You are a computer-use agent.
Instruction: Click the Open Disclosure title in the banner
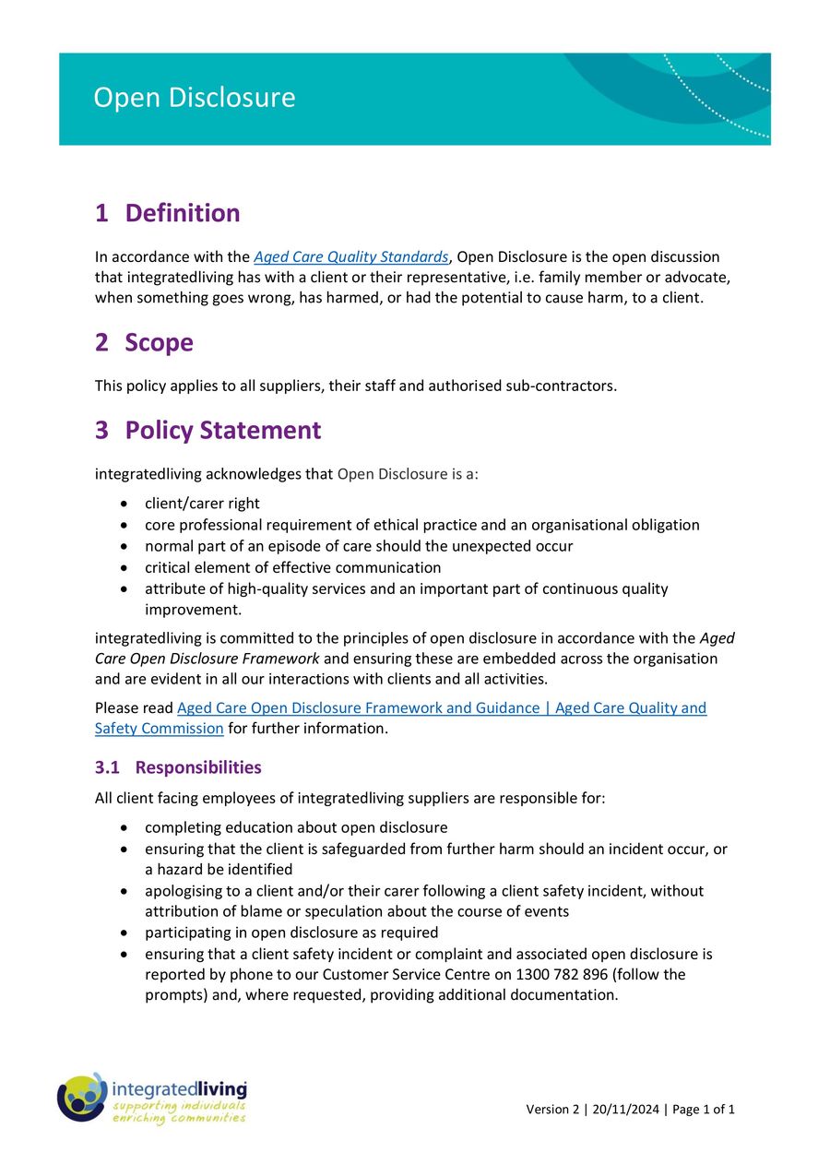point(194,98)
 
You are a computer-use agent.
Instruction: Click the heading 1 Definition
point(167,213)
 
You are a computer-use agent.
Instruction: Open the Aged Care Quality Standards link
point(350,257)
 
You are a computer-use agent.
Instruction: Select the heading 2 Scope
point(144,343)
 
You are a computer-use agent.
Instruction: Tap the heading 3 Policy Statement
point(207,431)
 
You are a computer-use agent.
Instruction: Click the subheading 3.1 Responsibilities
point(178,767)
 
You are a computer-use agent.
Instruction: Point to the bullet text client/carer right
point(202,504)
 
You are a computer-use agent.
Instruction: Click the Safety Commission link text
point(159,729)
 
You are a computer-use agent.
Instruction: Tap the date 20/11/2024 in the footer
point(626,1110)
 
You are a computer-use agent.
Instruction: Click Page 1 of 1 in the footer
point(704,1110)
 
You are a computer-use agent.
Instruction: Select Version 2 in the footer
point(551,1110)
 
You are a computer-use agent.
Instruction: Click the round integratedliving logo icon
point(82,1098)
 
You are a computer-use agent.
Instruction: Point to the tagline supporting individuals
point(178,1105)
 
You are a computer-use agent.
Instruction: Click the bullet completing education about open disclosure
point(295,827)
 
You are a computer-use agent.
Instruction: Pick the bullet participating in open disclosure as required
point(290,932)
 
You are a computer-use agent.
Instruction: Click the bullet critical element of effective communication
point(292,567)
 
